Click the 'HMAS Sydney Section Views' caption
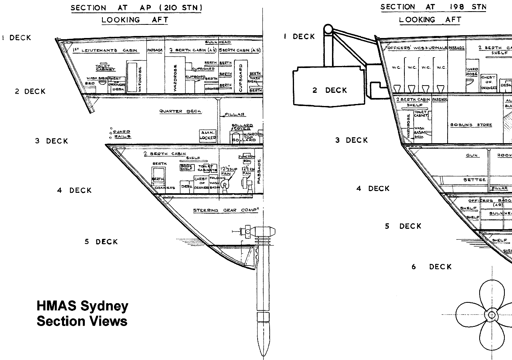point(82,314)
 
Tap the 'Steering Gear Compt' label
point(226,210)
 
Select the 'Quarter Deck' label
point(180,111)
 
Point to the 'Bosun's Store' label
point(471,125)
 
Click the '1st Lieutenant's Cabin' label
point(106,50)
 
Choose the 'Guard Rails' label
point(122,134)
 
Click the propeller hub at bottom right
point(492,314)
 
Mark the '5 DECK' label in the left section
point(101,242)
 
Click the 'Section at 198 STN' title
point(433,7)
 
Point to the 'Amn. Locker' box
point(208,135)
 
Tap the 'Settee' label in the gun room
point(475,180)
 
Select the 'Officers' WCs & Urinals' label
point(416,48)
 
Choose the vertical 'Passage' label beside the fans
point(259,171)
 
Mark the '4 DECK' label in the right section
point(373,188)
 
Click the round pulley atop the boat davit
point(328,29)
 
